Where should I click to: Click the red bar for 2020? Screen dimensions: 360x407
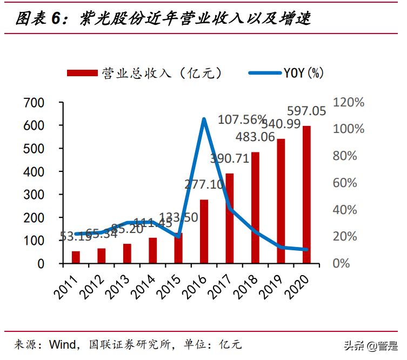[306, 195]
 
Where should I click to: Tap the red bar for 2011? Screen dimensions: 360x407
[76, 257]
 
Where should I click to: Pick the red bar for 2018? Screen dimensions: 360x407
[255, 208]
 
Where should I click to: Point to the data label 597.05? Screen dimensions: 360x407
[306, 111]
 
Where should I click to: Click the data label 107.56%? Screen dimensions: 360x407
[242, 119]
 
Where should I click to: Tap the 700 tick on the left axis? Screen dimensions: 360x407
[34, 103]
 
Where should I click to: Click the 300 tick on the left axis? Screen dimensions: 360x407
[34, 195]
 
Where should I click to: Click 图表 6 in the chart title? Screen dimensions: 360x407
[37, 19]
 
